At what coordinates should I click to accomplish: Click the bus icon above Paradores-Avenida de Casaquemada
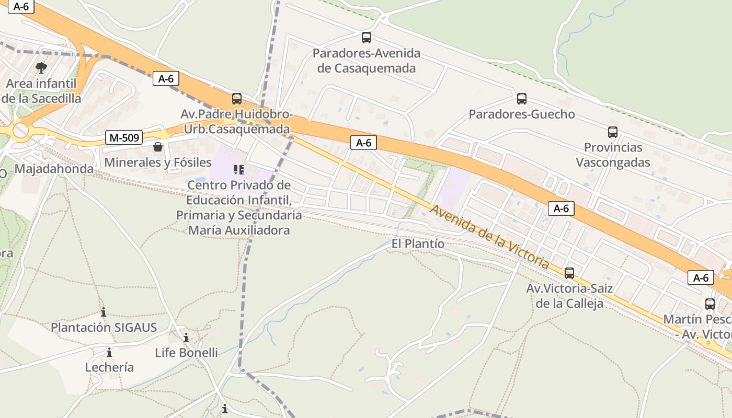tap(367, 38)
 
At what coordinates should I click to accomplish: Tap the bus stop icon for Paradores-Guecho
tap(521, 99)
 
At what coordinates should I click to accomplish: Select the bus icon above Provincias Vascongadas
tap(613, 132)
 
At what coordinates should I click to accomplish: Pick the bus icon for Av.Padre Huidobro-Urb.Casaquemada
tap(237, 99)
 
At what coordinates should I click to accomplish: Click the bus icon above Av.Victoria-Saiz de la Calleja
tap(569, 273)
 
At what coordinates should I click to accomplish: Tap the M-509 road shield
tap(124, 138)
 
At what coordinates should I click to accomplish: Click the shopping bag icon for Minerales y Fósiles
tap(158, 147)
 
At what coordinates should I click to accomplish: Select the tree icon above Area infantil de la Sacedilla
tap(41, 68)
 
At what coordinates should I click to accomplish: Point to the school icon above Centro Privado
tap(239, 169)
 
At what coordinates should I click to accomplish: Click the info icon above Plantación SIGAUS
tap(104, 312)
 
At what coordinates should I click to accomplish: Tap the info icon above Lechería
tap(109, 352)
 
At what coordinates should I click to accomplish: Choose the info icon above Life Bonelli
tap(186, 338)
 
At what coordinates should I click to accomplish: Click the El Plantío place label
tap(418, 244)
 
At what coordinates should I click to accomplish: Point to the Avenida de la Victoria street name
tap(489, 237)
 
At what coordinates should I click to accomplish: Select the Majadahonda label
tap(54, 169)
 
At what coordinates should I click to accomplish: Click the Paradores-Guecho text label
tap(521, 114)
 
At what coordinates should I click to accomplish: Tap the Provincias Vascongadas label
tap(613, 155)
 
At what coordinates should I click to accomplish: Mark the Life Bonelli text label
tap(186, 353)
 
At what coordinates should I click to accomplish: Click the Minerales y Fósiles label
tap(158, 162)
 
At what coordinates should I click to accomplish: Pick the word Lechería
tap(109, 367)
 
